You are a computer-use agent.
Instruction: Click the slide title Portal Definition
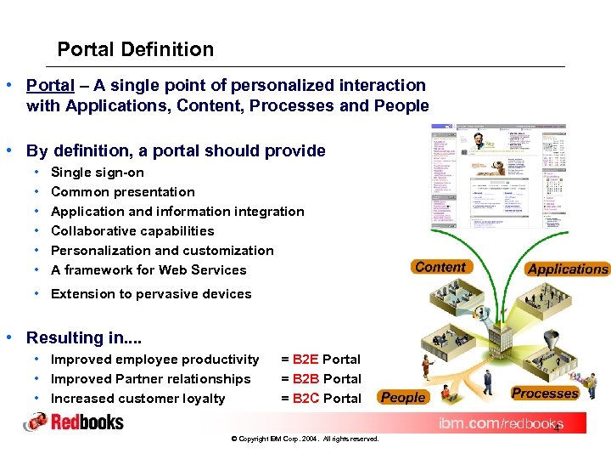[136, 49]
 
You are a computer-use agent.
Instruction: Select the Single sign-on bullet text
[98, 173]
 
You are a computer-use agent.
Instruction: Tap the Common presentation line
[123, 192]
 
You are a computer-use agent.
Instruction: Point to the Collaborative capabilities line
[132, 231]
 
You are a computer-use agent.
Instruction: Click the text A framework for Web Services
[149, 270]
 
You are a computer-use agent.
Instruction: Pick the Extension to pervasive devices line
[151, 294]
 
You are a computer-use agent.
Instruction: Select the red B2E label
[305, 360]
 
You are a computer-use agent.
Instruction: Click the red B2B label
[305, 379]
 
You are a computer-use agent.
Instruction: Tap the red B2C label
[305, 399]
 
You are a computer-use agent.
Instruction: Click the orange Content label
[440, 267]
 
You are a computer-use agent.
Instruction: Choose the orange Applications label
[568, 269]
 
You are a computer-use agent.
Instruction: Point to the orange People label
[403, 397]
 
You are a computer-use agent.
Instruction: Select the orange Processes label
[545, 394]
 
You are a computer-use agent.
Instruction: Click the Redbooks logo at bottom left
[74, 422]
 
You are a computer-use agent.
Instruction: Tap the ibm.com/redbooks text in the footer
[500, 423]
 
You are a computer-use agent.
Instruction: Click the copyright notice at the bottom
[305, 439]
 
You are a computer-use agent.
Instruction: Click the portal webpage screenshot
[498, 176]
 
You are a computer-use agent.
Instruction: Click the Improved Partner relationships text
[151, 379]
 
